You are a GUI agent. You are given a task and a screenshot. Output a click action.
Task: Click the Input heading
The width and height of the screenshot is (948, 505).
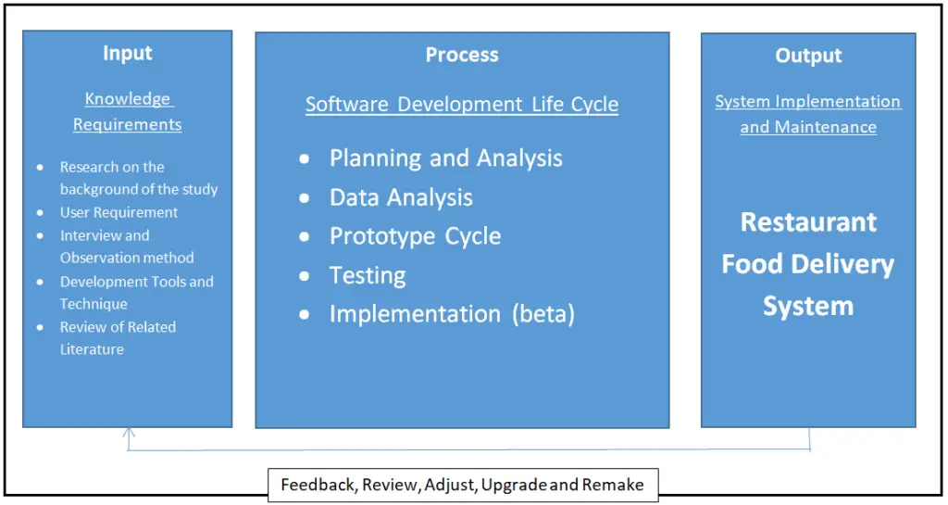tap(127, 54)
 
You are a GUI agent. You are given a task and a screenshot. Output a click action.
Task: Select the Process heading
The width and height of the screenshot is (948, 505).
tap(462, 56)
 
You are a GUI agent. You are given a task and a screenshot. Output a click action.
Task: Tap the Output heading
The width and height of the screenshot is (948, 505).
tap(808, 57)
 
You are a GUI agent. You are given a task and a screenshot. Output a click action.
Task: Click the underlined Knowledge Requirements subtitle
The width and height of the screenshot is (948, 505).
tap(128, 111)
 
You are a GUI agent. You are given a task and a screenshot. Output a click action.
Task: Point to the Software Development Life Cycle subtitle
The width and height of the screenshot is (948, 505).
tap(462, 105)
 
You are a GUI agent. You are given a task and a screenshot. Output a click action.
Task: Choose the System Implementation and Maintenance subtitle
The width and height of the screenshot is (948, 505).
tap(808, 114)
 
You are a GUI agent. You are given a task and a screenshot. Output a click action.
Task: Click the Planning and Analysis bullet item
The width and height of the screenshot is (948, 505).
tap(445, 158)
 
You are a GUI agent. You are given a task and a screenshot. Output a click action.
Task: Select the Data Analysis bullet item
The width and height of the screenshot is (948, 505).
tap(401, 197)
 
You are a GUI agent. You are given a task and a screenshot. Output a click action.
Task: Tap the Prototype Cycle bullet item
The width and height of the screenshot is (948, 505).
tap(415, 236)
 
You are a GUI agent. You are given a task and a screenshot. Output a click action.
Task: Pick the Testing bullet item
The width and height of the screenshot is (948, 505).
tap(368, 276)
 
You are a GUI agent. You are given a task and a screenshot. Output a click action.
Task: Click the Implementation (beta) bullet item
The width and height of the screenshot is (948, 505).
tap(452, 315)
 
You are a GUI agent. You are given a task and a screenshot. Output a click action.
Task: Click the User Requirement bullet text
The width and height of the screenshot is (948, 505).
tap(118, 212)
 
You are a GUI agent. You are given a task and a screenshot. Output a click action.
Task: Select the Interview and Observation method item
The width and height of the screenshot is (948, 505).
tap(127, 246)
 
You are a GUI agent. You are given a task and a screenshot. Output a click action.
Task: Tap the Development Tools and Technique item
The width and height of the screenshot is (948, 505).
tap(136, 293)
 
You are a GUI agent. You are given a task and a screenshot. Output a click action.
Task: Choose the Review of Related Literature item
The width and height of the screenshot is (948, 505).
tap(118, 338)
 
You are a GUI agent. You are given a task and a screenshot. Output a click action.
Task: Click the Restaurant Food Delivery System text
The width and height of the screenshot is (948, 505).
tap(808, 264)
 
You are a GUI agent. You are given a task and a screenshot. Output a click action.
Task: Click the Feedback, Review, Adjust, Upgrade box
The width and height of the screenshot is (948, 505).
tap(462, 485)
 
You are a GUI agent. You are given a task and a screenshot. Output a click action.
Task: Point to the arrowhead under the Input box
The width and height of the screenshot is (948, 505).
tap(129, 432)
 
